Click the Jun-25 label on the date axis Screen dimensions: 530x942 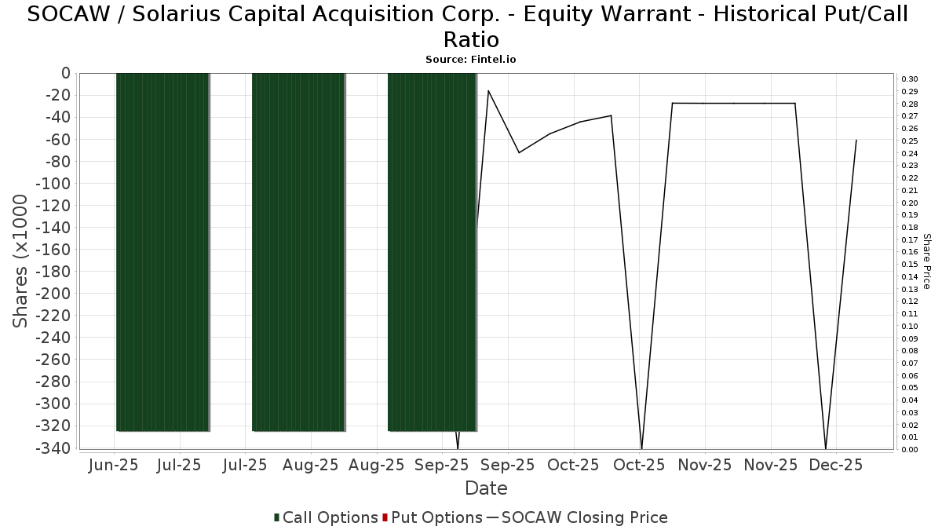[115, 465]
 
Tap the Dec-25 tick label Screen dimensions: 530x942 [836, 465]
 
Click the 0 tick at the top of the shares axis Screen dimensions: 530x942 [65, 73]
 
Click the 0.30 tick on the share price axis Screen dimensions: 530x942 [910, 79]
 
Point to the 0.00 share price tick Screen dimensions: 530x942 [910, 449]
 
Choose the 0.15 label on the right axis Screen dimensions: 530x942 [910, 264]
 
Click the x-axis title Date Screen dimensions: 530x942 [486, 488]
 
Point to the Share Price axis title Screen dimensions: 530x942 [926, 261]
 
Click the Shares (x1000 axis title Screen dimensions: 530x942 [21, 261]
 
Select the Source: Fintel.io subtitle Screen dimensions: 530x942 [471, 59]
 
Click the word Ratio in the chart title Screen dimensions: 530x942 [471, 39]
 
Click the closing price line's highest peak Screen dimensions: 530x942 [488, 90]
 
